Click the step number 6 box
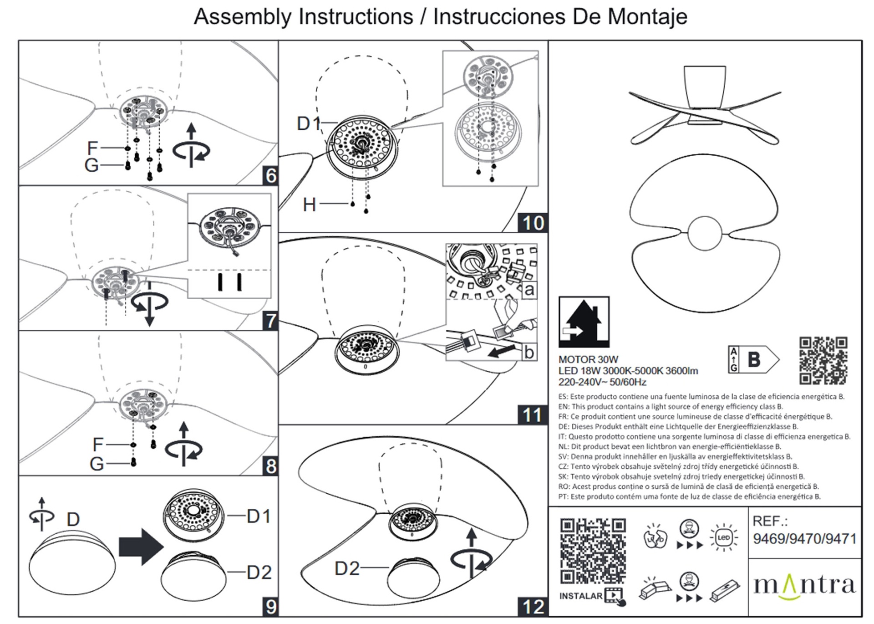point(270,175)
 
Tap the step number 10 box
point(533,223)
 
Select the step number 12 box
point(533,607)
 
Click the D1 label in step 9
point(259,517)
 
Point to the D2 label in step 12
point(347,568)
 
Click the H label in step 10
point(310,205)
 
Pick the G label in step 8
point(97,464)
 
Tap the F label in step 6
point(92,148)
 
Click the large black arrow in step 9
point(141,547)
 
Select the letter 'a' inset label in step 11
point(528,290)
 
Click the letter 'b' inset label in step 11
point(528,352)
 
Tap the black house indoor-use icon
point(584,322)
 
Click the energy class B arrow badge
point(754,360)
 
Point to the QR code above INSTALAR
point(593,551)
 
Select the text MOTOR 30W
point(588,359)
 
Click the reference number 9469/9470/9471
point(804,539)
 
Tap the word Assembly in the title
point(243,17)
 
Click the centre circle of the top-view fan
point(705,233)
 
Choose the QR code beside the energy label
point(823,360)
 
